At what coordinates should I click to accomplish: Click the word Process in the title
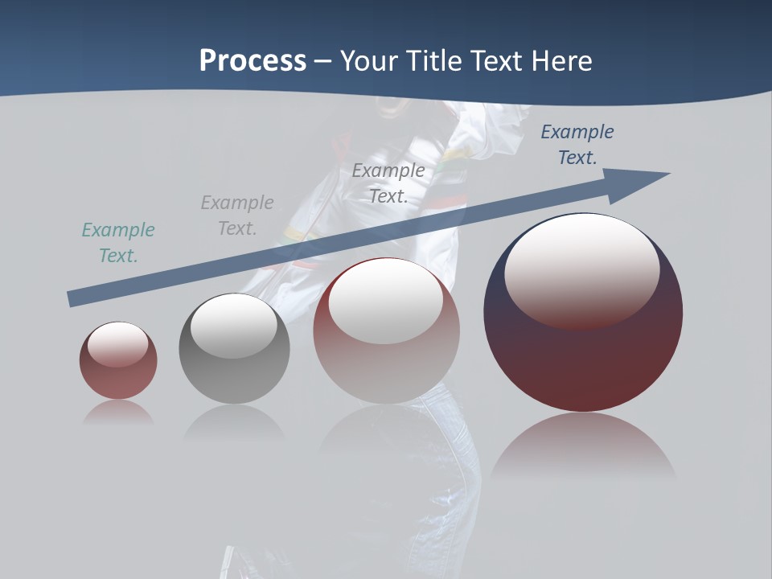[x=253, y=61]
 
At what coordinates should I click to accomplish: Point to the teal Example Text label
[x=118, y=243]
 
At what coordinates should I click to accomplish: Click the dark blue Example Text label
[x=577, y=145]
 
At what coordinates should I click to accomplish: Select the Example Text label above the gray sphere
[x=237, y=216]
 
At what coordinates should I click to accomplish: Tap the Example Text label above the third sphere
[x=388, y=183]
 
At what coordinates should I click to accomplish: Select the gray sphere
[x=234, y=378]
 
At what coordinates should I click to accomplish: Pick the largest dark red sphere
[x=583, y=362]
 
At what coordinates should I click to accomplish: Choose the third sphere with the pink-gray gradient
[x=386, y=370]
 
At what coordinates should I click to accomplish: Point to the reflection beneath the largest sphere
[x=583, y=446]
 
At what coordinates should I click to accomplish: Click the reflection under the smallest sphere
[x=118, y=413]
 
